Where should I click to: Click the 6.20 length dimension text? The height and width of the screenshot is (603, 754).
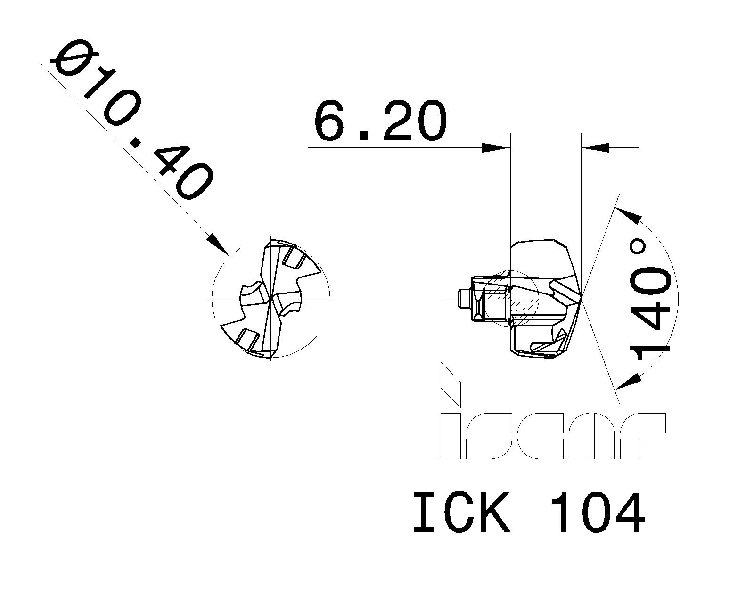click(379, 122)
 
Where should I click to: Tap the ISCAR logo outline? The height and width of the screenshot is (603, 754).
click(551, 436)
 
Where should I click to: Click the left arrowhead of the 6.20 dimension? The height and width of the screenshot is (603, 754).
click(497, 148)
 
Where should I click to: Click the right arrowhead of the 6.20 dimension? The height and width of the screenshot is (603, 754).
click(595, 148)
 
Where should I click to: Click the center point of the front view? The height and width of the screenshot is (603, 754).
click(270, 298)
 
